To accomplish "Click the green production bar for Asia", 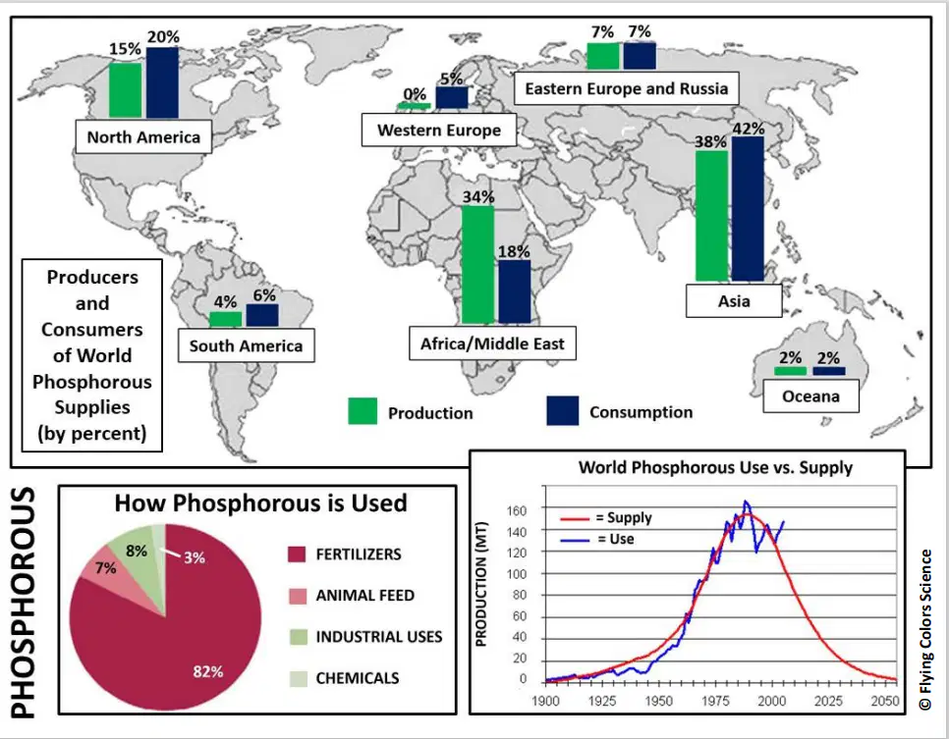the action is [711, 215].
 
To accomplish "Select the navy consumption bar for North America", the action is [162, 82].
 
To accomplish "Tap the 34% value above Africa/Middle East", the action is [478, 196].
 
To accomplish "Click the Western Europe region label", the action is [439, 130].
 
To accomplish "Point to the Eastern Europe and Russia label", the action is [627, 89].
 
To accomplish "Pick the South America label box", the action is [246, 345].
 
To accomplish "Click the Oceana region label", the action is [810, 396].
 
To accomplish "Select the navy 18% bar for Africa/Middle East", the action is [515, 291].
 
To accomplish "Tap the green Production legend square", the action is [363, 411].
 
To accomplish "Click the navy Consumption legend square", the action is [562, 410].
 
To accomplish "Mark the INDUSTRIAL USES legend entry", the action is [365, 637].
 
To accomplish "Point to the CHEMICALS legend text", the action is [357, 678].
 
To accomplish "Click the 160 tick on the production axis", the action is [517, 510].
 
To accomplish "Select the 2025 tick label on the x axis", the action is [828, 701].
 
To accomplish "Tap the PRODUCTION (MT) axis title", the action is [481, 584].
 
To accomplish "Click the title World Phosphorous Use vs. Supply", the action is [715, 467].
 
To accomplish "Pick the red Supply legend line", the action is [575, 518].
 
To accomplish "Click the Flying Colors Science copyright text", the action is [924, 629].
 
